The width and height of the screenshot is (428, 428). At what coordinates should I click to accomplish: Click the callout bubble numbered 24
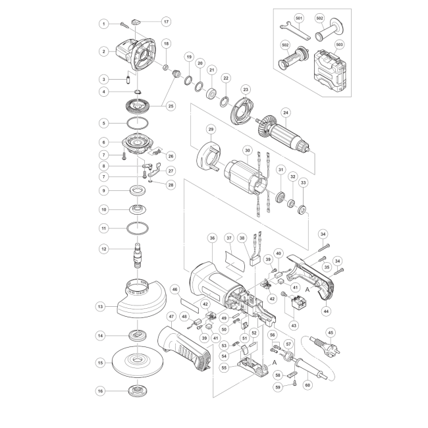point(286,113)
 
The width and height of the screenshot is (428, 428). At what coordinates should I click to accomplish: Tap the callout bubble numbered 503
point(339,45)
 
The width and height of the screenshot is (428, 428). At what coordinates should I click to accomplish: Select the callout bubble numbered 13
point(101,307)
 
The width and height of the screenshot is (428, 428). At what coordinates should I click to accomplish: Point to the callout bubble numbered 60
point(308,385)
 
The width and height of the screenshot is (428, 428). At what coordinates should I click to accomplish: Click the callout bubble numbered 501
point(299,18)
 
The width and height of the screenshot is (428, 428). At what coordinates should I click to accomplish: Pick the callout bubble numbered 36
point(213,238)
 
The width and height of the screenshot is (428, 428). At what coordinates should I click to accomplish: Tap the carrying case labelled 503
point(330,71)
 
